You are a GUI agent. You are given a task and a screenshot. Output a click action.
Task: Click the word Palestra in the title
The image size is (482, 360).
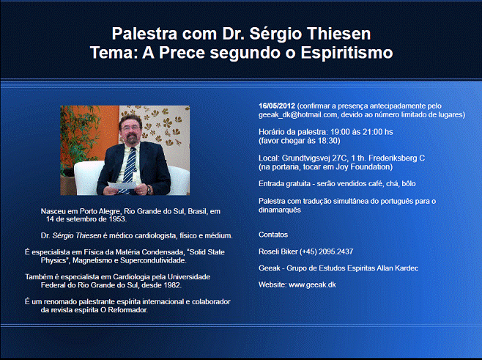click(x=144, y=34)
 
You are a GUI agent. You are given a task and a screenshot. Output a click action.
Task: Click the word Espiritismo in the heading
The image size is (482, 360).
click(x=346, y=53)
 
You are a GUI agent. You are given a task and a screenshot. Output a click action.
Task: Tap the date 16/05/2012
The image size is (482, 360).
click(x=277, y=106)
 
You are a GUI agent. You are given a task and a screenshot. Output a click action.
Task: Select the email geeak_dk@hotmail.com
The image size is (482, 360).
click(x=297, y=115)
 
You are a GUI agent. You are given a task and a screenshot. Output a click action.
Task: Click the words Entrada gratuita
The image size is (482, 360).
click(x=284, y=184)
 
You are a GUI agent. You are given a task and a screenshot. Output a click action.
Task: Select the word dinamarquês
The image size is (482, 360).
click(x=279, y=210)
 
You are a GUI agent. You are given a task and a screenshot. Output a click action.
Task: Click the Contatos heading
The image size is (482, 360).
click(x=273, y=235)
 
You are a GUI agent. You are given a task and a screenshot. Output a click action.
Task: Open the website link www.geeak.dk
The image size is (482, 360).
click(x=312, y=285)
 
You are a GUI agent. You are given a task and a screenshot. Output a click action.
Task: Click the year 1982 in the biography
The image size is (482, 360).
click(x=172, y=285)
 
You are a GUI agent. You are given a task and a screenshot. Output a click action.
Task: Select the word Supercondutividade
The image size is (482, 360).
click(x=152, y=260)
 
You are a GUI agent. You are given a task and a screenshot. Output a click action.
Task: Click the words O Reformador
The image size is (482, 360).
click(x=124, y=310)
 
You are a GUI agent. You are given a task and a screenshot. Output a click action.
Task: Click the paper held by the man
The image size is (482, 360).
click(x=122, y=185)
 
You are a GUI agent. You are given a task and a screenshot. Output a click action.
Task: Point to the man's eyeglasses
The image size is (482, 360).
click(x=130, y=128)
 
